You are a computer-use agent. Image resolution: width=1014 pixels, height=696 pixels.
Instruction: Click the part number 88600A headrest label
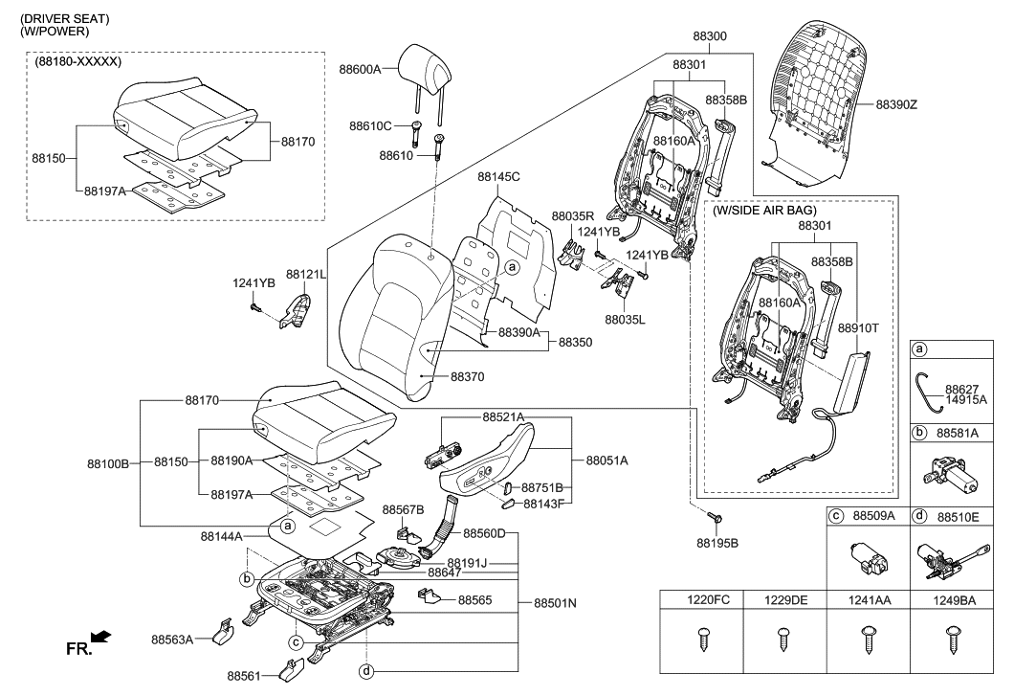tap(360, 69)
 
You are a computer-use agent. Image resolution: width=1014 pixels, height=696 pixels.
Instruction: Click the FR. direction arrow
tap(99, 636)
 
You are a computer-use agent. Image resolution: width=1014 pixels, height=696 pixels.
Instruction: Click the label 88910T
tap(858, 327)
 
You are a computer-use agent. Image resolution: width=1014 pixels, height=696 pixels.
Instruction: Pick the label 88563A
tap(172, 638)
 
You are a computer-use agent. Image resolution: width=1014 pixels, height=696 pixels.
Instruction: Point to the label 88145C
tap(499, 177)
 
